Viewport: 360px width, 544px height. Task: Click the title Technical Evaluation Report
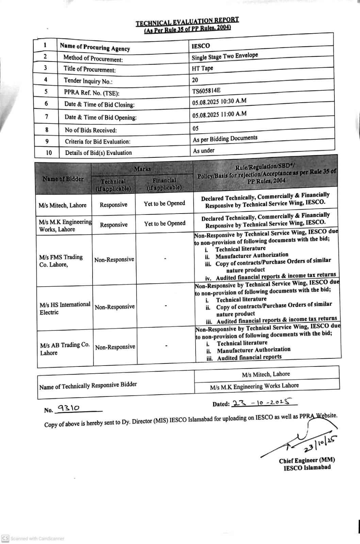[187, 21]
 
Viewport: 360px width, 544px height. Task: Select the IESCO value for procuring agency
[201, 46]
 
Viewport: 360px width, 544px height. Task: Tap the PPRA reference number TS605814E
[206, 90]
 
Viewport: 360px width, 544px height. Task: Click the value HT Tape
[202, 68]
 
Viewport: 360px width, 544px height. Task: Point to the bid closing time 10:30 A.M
[233, 101]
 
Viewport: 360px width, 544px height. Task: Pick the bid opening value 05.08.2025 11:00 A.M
[219, 115]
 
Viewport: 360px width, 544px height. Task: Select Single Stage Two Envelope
[225, 56]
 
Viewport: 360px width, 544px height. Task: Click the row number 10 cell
[49, 153]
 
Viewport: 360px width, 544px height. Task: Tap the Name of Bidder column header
[63, 179]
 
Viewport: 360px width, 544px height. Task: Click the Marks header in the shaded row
[142, 169]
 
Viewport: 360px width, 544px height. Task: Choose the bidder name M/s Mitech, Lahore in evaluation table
[63, 205]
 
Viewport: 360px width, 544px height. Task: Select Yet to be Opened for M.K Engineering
[165, 224]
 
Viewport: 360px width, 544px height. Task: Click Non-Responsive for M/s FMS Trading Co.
[114, 260]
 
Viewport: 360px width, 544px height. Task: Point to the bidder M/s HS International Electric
[65, 308]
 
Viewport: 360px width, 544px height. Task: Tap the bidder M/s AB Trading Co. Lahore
[65, 349]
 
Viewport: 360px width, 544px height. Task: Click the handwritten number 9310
[68, 408]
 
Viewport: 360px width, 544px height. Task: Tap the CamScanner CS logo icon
[5, 538]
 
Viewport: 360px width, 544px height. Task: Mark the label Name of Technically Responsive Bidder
[88, 386]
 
